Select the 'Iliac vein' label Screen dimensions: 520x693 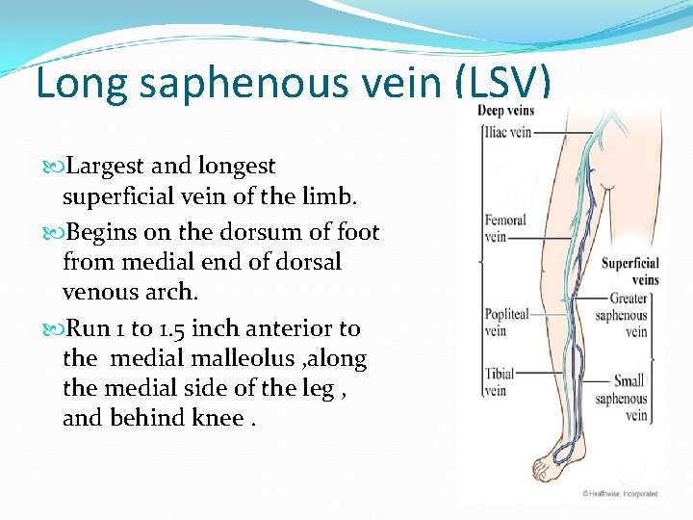coord(507,132)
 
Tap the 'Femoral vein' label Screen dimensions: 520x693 coord(505,228)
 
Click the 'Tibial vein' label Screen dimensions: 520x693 coord(500,381)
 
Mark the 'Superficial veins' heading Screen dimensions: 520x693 coord(630,271)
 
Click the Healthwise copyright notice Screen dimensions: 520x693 coord(620,493)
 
